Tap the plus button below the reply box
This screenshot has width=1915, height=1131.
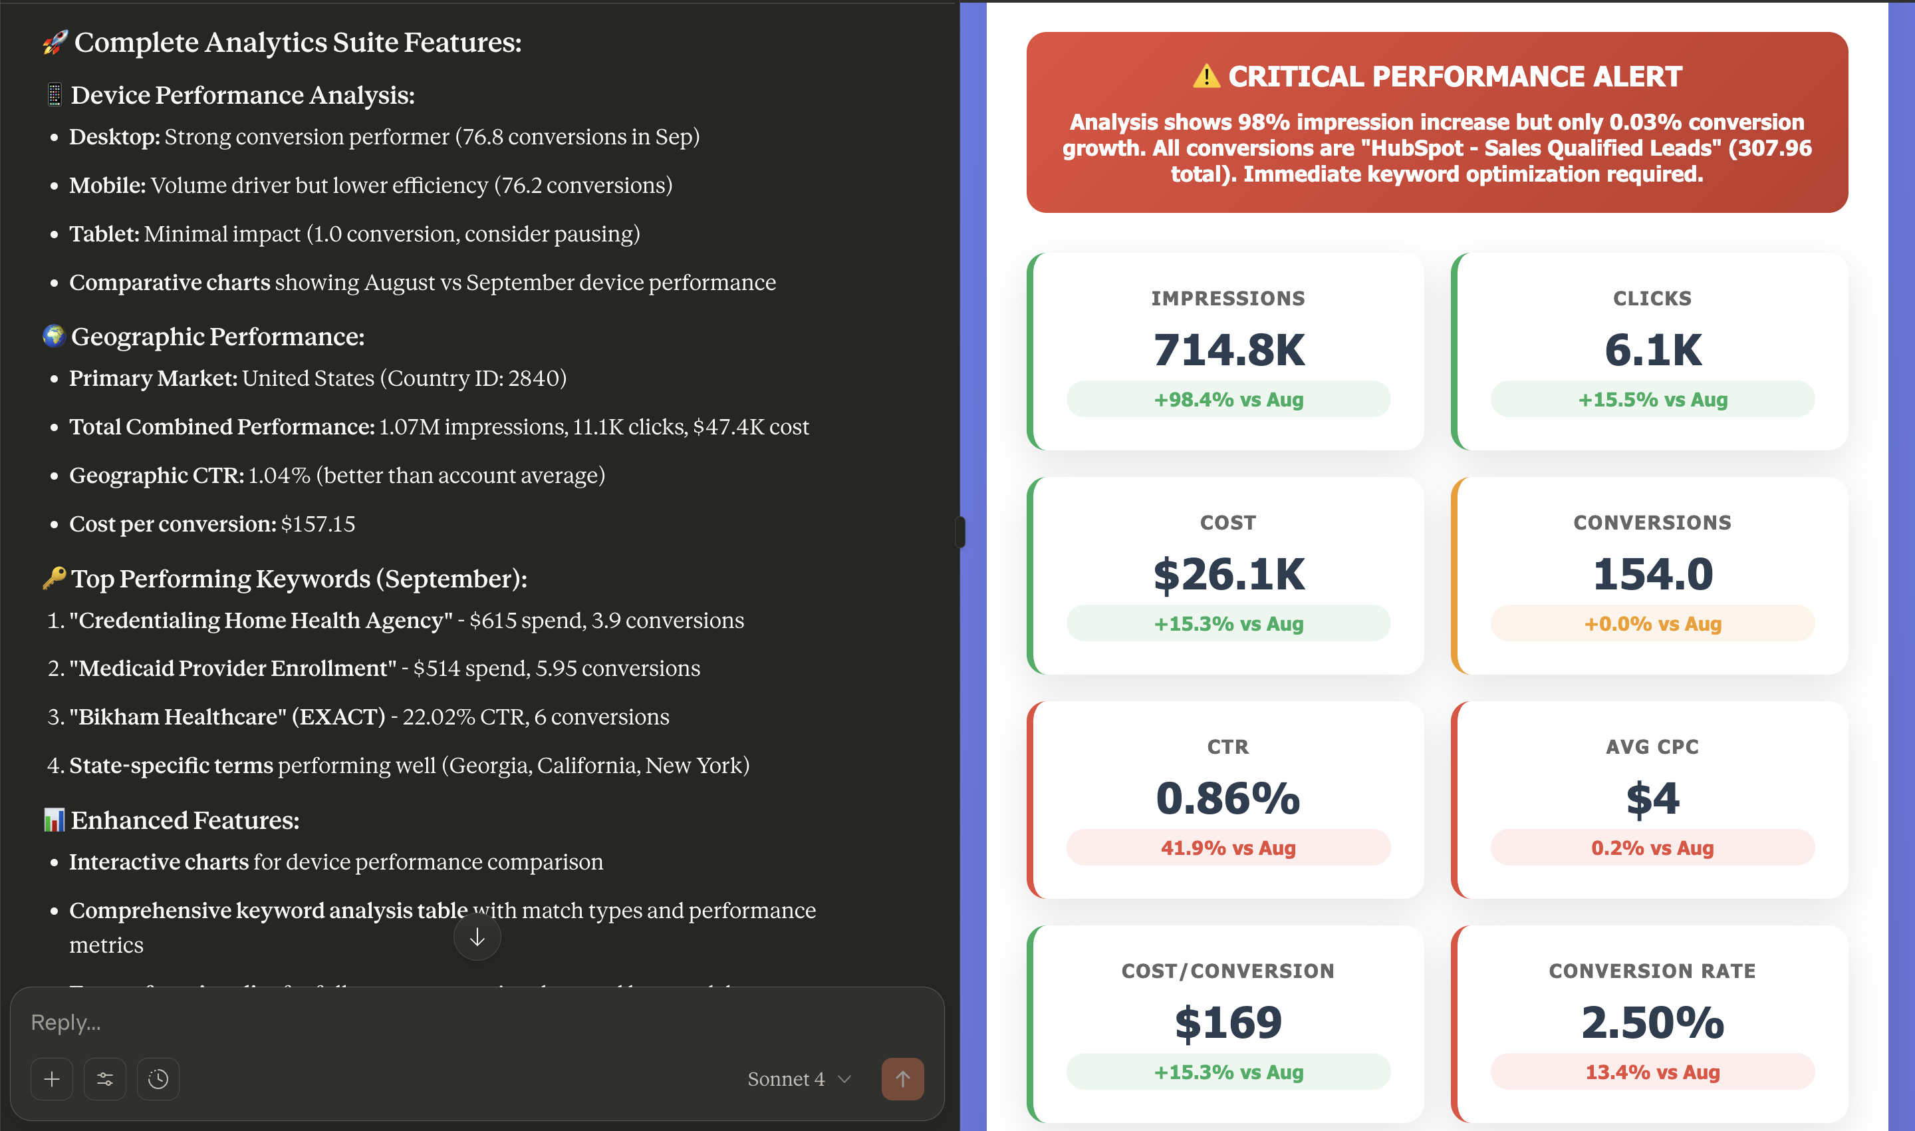tap(52, 1078)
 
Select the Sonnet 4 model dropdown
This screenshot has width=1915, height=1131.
tap(799, 1078)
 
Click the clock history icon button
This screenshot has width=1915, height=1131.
tap(158, 1078)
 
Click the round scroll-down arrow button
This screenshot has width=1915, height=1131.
tap(477, 937)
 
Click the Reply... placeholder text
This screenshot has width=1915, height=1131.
tap(66, 1022)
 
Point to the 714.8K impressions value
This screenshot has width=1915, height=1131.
tap(1228, 350)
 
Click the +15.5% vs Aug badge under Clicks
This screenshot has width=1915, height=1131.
tap(1652, 399)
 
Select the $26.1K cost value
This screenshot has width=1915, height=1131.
tap(1228, 574)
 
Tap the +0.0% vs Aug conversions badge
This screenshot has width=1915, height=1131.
tap(1652, 623)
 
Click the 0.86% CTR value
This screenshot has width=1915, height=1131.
tap(1228, 798)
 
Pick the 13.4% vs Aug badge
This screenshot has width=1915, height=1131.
tap(1652, 1072)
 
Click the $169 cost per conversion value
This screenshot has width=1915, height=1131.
tap(1228, 1022)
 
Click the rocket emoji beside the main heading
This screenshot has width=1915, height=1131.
tap(55, 43)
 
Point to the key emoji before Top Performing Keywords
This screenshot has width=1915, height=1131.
tap(54, 577)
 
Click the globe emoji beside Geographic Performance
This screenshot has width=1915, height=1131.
tap(54, 335)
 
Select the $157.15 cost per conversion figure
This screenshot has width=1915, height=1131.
tap(318, 524)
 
